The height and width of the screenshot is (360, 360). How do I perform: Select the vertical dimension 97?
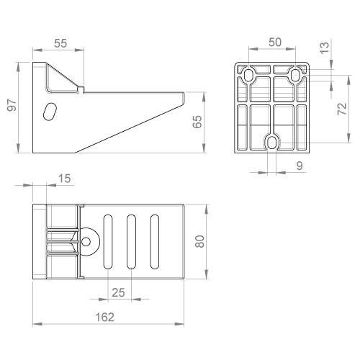tap(11, 107)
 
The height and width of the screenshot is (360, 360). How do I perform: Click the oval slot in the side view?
tap(50, 112)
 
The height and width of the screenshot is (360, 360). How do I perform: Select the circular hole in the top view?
tap(89, 242)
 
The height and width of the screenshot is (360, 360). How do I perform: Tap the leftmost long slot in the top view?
tap(108, 241)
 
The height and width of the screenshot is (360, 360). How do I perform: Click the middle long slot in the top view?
tap(131, 241)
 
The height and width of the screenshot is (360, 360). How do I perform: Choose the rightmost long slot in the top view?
tap(154, 241)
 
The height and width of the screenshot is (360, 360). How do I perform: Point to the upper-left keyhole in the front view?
tap(248, 76)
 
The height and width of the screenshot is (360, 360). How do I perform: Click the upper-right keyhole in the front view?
tap(296, 76)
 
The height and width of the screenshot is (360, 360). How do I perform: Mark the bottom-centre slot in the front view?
tap(272, 143)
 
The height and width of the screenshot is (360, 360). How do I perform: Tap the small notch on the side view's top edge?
tap(82, 89)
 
